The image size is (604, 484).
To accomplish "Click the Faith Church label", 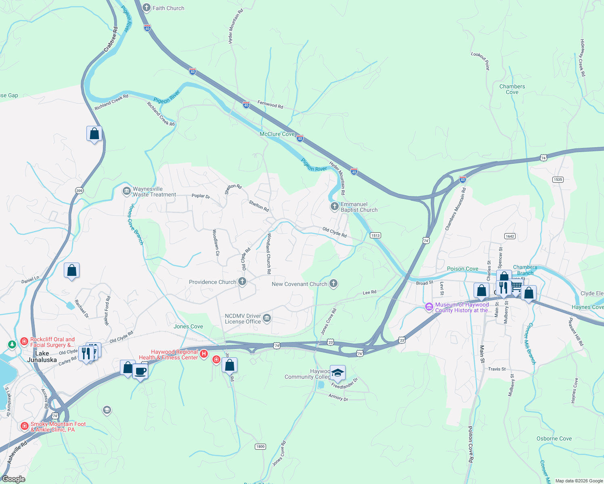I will pyautogui.click(x=168, y=8).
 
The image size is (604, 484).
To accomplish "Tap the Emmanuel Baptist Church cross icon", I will pyautogui.click(x=334, y=207).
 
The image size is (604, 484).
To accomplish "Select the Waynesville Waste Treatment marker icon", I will pyautogui.click(x=126, y=190).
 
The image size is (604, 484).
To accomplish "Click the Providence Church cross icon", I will pyautogui.click(x=242, y=282).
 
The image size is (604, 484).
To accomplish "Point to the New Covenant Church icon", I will pyautogui.click(x=333, y=284).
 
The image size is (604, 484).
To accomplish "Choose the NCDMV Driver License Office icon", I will pyautogui.click(x=266, y=319).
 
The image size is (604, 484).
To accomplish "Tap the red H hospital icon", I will pyautogui.click(x=204, y=354).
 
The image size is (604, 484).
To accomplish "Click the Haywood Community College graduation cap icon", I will pyautogui.click(x=338, y=373).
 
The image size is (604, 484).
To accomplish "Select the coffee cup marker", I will pyautogui.click(x=140, y=371).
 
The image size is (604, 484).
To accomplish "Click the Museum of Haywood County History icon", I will pyautogui.click(x=429, y=307).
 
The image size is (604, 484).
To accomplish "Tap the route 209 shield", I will pyautogui.click(x=79, y=191).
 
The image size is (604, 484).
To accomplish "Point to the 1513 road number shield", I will pyautogui.click(x=375, y=235).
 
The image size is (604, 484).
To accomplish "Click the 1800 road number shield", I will pyautogui.click(x=260, y=446).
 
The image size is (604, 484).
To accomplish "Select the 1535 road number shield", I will pyautogui.click(x=558, y=179).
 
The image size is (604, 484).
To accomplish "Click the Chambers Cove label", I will pyautogui.click(x=512, y=89).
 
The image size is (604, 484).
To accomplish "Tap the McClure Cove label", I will pyautogui.click(x=277, y=134).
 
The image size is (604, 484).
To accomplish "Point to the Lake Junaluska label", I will pyautogui.click(x=42, y=357).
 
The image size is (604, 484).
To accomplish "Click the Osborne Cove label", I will pyautogui.click(x=554, y=438).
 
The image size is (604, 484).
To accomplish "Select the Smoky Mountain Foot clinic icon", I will pyautogui.click(x=25, y=426).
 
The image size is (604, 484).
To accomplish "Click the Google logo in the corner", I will pyautogui.click(x=13, y=479).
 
